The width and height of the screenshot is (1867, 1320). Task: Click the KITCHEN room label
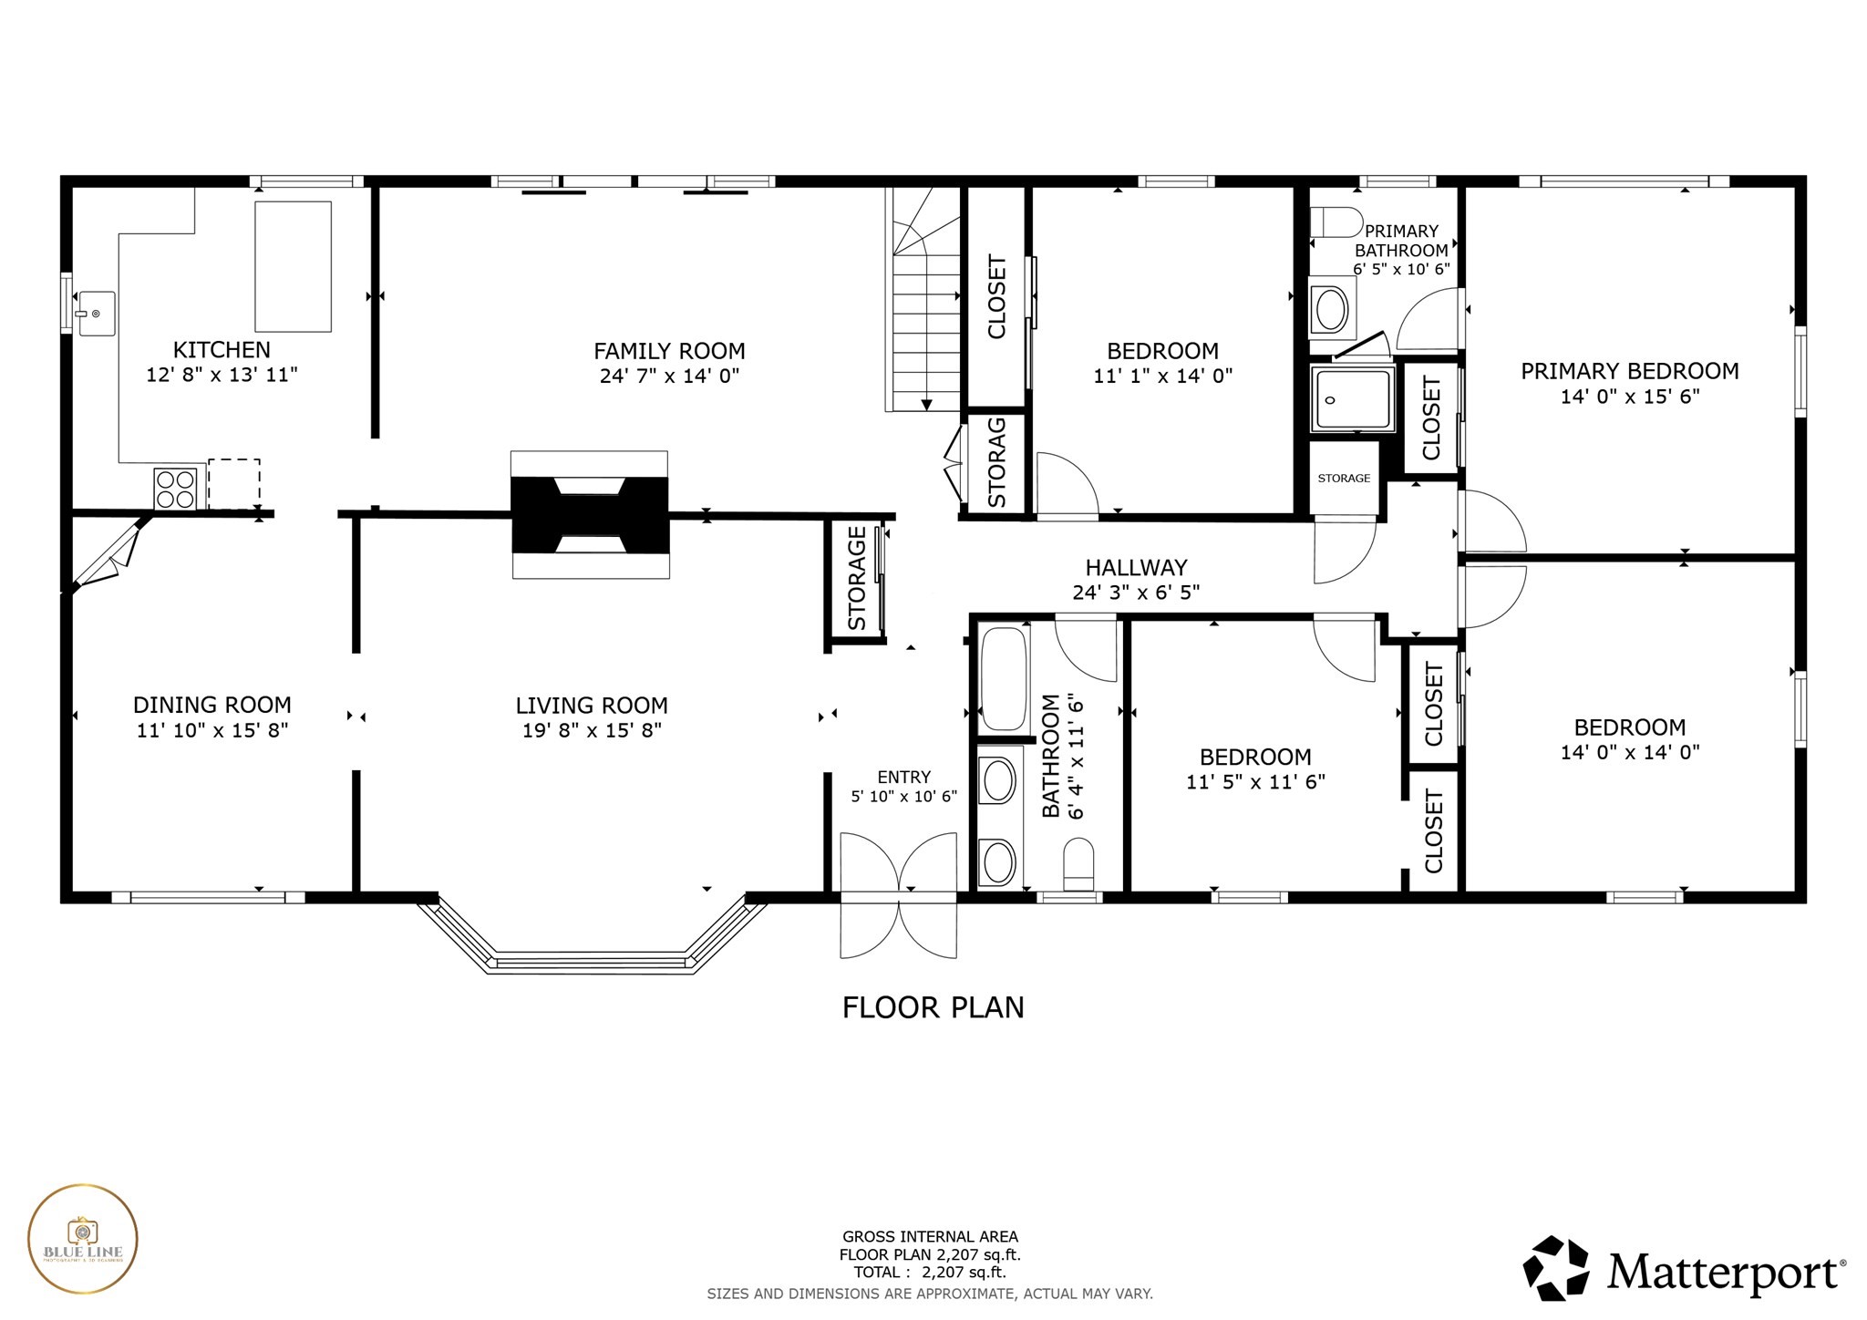coord(222,350)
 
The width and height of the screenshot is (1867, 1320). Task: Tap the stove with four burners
coord(174,488)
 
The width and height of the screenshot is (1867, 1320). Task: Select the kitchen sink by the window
coord(96,314)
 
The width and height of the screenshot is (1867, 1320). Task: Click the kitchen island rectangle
coord(293,266)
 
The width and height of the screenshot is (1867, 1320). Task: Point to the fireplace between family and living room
coord(590,515)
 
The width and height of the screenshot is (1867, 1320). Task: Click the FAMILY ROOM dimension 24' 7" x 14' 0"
coord(669,376)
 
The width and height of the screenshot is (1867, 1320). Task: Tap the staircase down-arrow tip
coord(926,406)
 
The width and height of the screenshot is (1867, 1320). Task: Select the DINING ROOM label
coord(212,705)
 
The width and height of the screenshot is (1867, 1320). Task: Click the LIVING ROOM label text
coord(592,706)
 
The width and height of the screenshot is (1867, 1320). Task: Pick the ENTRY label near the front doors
coord(903,777)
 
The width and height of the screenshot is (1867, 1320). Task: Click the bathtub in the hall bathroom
coord(1004,678)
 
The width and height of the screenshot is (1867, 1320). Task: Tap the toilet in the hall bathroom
coord(1078,864)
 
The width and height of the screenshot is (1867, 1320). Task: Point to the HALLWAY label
coord(1136,568)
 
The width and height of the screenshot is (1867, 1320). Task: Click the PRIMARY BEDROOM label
coord(1629,371)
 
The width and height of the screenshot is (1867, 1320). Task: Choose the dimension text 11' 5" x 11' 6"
coord(1255,781)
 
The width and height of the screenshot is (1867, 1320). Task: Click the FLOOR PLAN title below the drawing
coord(933,1007)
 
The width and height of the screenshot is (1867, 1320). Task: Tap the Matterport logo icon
coord(1556,1268)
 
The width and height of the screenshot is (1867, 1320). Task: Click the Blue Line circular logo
coord(83,1239)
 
